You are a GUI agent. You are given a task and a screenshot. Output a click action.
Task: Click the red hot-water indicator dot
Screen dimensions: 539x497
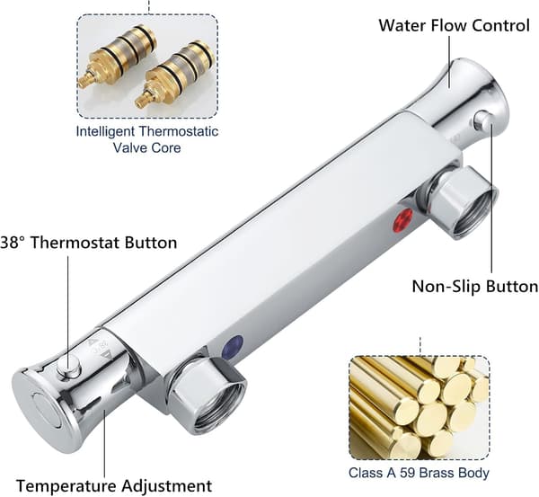[402, 220]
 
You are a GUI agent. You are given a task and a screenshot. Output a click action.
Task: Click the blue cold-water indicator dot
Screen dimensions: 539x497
[233, 348]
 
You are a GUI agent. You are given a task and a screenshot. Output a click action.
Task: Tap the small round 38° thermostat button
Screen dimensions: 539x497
[69, 367]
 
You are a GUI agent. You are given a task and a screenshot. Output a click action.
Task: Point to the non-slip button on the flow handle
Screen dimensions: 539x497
[483, 120]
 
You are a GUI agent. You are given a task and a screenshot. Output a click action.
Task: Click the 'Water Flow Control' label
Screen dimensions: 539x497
[454, 25]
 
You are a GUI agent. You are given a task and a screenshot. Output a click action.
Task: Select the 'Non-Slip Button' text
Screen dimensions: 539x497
[475, 286]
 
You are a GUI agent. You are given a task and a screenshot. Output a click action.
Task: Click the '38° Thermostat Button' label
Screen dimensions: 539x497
[89, 243]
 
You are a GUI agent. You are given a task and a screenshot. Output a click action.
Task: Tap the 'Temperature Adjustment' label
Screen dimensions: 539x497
[114, 486]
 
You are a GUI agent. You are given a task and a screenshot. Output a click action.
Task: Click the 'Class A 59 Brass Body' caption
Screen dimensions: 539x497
[419, 473]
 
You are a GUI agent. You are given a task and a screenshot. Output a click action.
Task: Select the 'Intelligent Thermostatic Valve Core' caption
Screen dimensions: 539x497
[147, 139]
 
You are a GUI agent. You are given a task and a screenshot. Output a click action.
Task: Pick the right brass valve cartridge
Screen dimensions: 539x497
[175, 73]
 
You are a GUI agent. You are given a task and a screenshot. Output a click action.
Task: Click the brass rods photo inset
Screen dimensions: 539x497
[420, 408]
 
